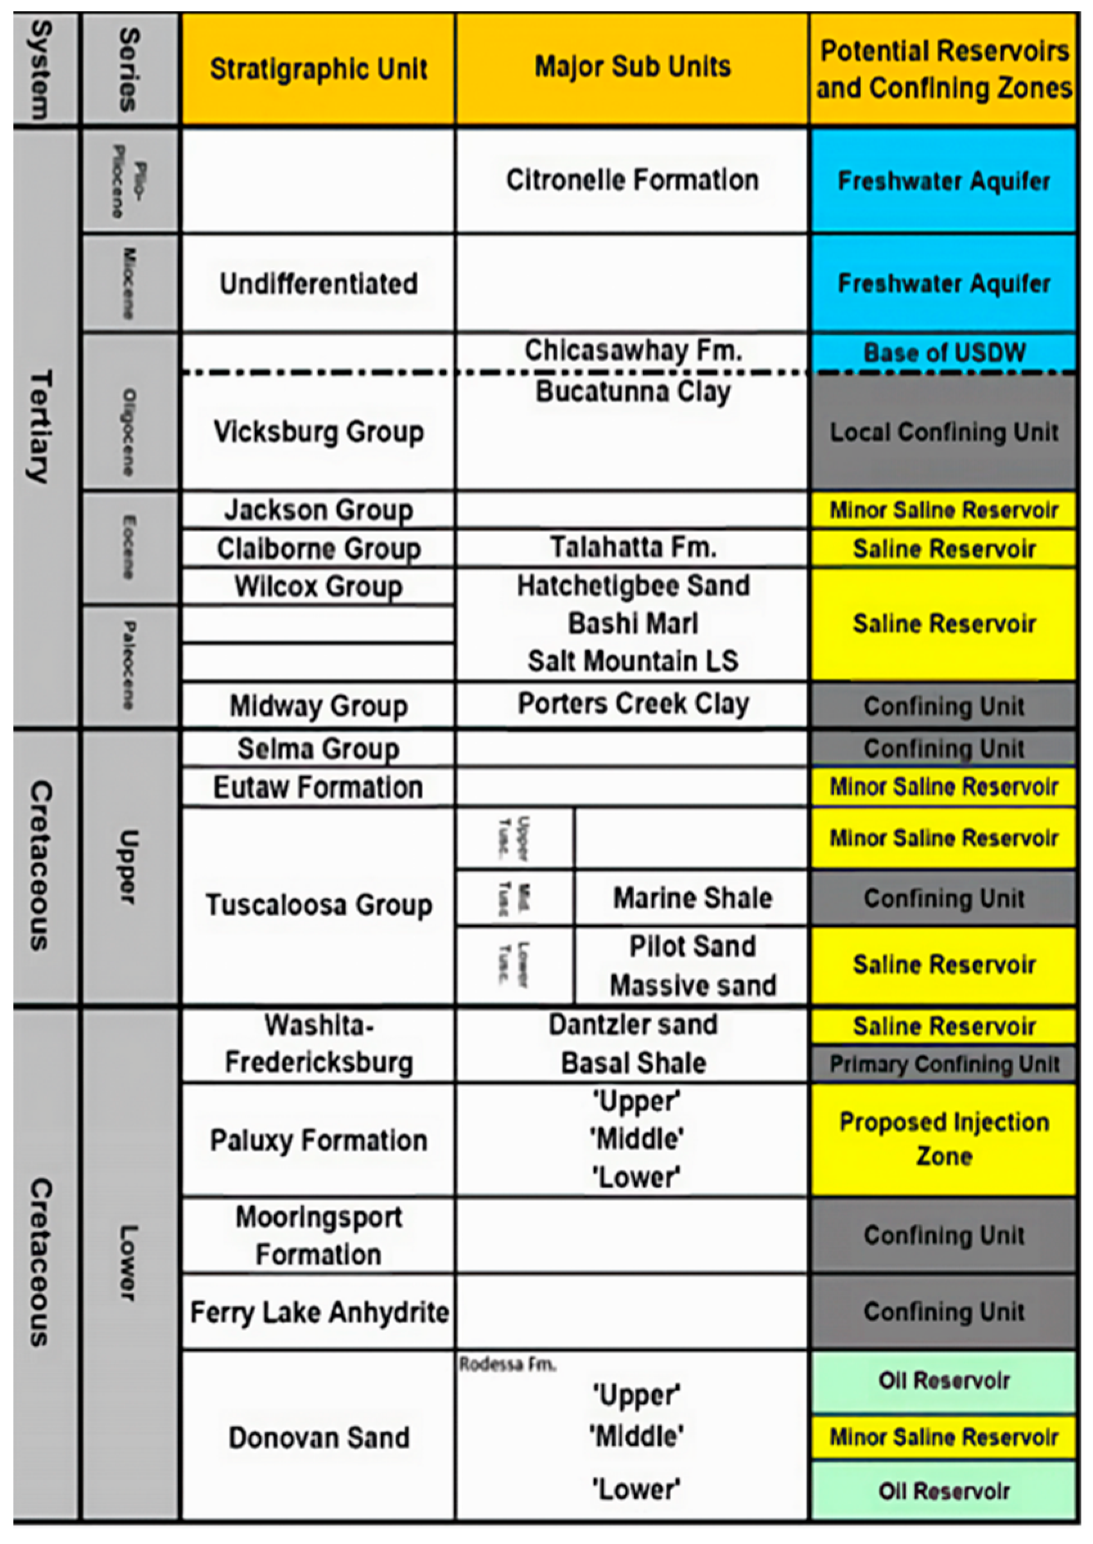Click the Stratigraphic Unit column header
click(319, 69)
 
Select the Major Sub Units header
click(632, 67)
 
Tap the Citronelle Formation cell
click(632, 180)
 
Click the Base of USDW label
click(943, 353)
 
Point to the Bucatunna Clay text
click(633, 392)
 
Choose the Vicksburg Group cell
click(319, 432)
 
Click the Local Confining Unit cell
click(943, 432)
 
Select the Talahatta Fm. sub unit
click(633, 547)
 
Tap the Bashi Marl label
click(633, 623)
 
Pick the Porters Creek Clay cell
click(633, 704)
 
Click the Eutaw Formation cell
click(319, 787)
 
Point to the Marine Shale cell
click(692, 898)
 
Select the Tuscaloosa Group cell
click(319, 904)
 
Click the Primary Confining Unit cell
click(943, 1064)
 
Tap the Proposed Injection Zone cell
click(943, 1139)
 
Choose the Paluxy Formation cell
click(319, 1140)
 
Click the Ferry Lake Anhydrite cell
click(319, 1312)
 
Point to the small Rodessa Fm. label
click(507, 1364)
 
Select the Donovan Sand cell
click(319, 1437)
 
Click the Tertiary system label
click(40, 426)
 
